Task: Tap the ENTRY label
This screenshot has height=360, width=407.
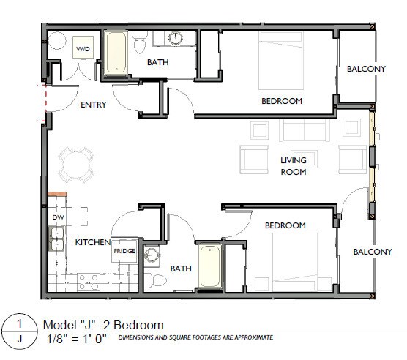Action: click(x=93, y=105)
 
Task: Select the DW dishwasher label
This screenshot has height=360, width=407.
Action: click(x=57, y=218)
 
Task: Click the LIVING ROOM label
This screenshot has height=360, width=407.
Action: click(x=294, y=166)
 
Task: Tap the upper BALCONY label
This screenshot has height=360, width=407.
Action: click(x=366, y=69)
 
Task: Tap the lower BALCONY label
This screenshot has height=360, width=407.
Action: click(x=373, y=252)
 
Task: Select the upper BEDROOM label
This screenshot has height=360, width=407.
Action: click(x=282, y=101)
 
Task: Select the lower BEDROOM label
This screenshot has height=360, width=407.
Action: click(x=285, y=225)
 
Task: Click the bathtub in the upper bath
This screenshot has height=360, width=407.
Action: click(x=116, y=53)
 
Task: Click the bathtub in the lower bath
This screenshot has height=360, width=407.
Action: click(x=209, y=266)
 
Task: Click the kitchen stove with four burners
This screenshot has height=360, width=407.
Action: click(x=89, y=280)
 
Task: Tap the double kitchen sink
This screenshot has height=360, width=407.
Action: click(x=56, y=239)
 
